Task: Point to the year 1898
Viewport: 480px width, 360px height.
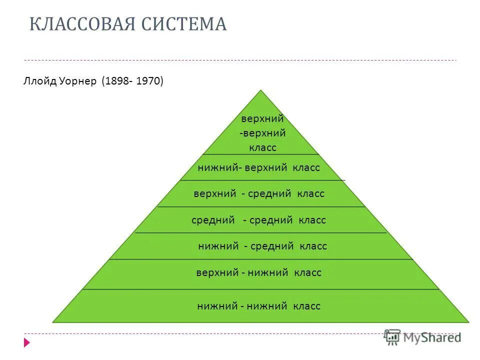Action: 116,81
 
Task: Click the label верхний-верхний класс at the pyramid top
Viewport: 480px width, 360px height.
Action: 262,133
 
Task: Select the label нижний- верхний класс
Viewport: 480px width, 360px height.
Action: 258,167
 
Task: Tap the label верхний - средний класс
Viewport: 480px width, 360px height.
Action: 259,193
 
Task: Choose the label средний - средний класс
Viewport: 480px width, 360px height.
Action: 258,220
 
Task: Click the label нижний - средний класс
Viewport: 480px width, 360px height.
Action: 262,246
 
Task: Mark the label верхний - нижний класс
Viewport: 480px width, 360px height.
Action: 258,272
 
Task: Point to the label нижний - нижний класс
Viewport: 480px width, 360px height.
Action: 258,306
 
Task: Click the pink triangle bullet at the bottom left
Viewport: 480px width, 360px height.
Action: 27,343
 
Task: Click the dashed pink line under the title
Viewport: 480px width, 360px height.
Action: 240,60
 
